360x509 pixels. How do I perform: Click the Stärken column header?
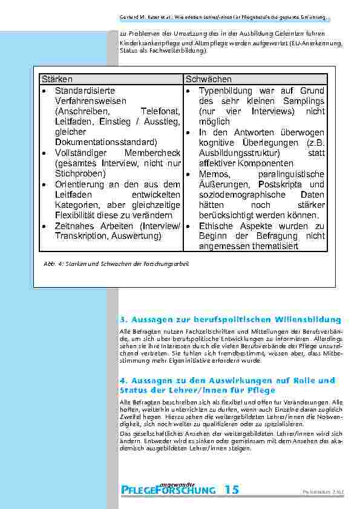pyautogui.click(x=57, y=79)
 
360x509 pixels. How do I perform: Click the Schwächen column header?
pyautogui.click(x=209, y=79)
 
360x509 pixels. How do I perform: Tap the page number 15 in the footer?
pyautogui.click(x=231, y=490)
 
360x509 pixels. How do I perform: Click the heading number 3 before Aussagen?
pyautogui.click(x=123, y=319)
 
